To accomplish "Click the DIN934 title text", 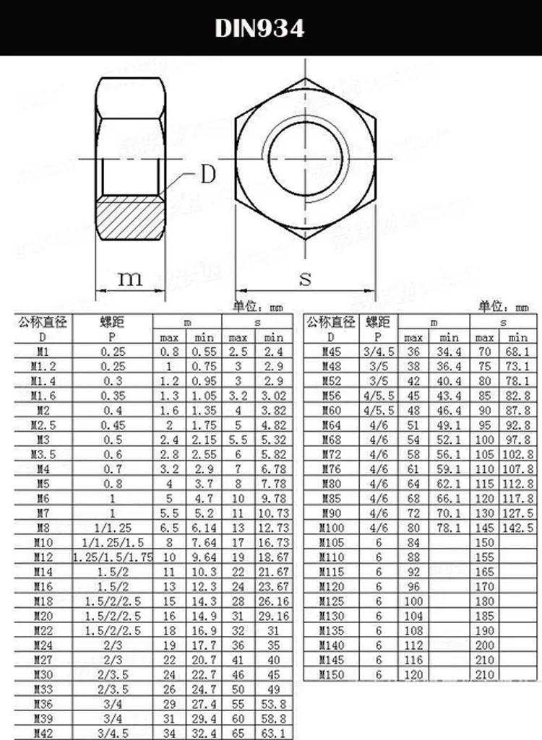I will click(x=259, y=28).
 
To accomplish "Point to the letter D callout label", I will click(x=207, y=175).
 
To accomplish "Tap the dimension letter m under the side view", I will click(x=130, y=279).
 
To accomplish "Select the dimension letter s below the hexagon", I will click(x=305, y=279).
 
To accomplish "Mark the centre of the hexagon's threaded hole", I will click(x=304, y=159).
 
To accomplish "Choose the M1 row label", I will click(x=42, y=352).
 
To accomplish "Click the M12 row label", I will click(x=42, y=557).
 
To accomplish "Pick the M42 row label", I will click(x=42, y=733).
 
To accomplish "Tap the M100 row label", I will click(x=334, y=528).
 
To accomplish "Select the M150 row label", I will click(x=334, y=674).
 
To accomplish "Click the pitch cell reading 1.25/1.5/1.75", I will click(x=112, y=557).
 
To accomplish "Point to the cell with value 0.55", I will click(x=204, y=352).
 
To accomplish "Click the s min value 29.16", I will click(x=274, y=616).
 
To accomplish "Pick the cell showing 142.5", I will click(x=518, y=528).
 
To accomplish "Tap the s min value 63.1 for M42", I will click(x=274, y=733).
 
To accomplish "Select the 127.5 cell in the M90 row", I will click(x=518, y=513).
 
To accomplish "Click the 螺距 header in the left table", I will click(x=112, y=322).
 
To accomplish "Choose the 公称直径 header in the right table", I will click(x=331, y=322).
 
